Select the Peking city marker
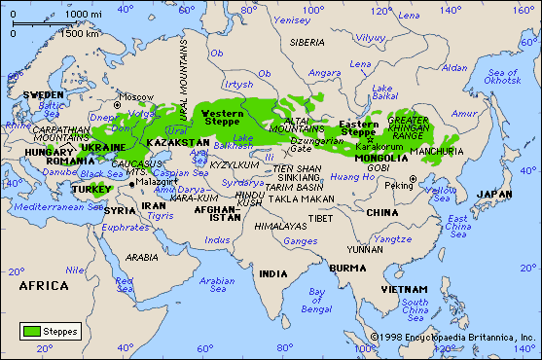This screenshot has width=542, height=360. tap(413, 178)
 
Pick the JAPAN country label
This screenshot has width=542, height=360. tap(494, 194)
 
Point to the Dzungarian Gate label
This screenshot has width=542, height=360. tap(316, 144)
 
